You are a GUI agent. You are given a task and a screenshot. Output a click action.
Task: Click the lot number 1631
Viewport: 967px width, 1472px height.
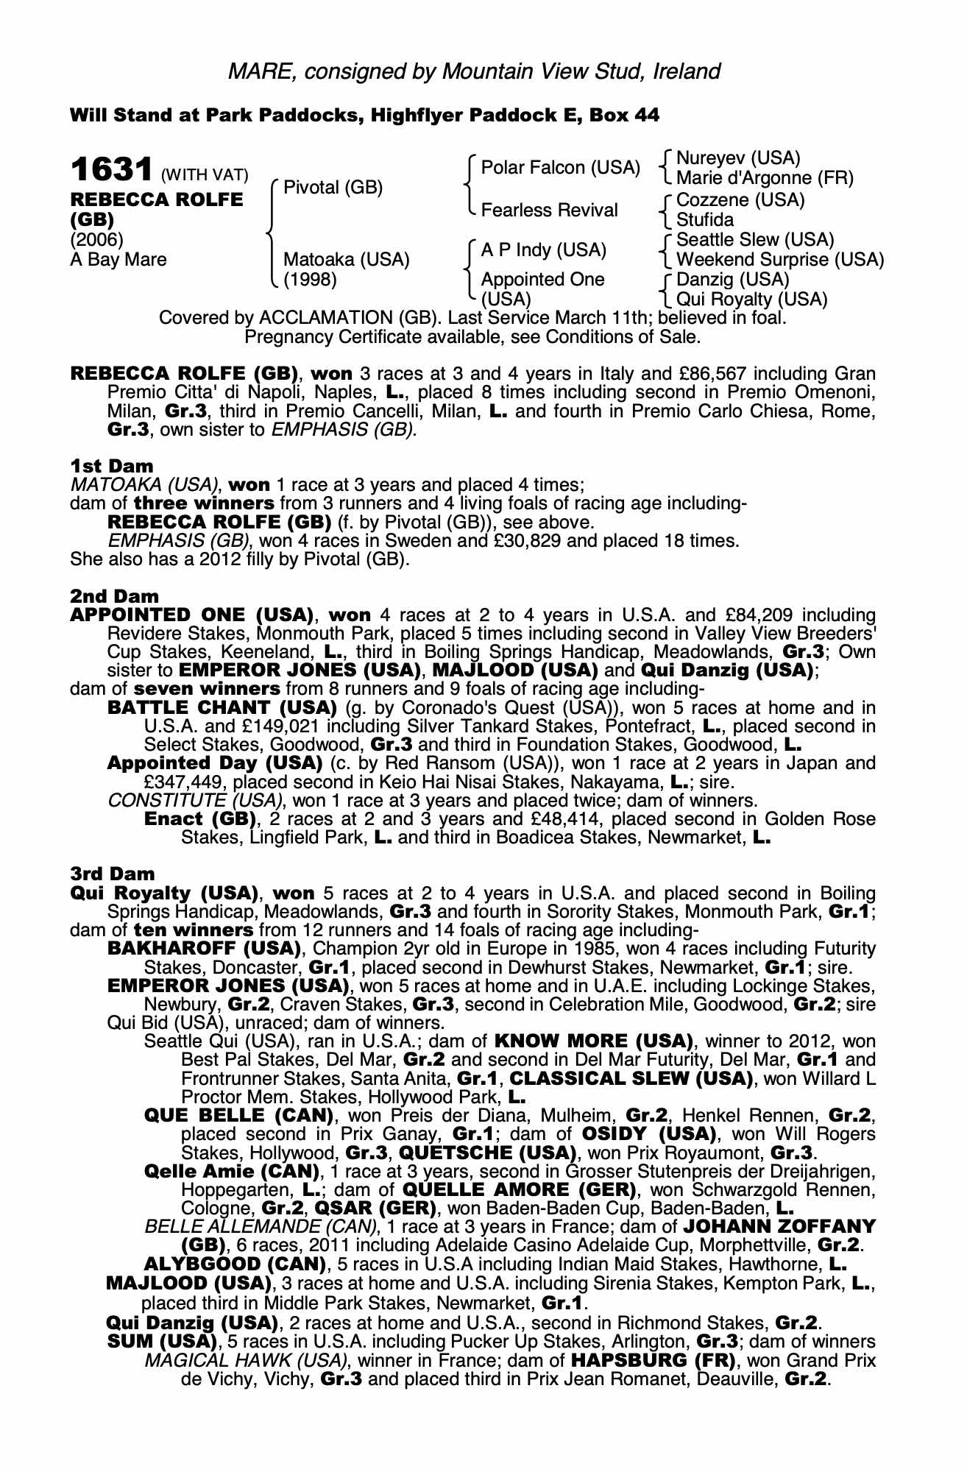tap(113, 171)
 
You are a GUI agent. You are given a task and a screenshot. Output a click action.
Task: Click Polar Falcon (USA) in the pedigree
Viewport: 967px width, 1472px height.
tap(559, 168)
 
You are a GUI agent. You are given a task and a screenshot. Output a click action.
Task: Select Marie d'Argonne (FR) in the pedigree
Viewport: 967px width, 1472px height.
tap(765, 178)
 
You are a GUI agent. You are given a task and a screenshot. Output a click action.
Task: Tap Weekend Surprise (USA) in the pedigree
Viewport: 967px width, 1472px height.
tap(779, 260)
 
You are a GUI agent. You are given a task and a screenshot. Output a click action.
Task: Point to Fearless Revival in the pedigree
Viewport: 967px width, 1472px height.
tap(549, 210)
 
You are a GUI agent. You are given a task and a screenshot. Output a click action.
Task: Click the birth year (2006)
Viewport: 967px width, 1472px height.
tap(96, 240)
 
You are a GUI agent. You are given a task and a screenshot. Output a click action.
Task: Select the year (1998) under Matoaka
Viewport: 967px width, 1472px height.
tap(310, 280)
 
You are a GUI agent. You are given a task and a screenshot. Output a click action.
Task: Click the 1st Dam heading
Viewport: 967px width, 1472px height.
tap(112, 466)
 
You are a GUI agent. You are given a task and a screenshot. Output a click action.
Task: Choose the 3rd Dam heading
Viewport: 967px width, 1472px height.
tap(113, 874)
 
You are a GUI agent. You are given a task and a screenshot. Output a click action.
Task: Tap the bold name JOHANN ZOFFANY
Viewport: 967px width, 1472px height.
tap(779, 1227)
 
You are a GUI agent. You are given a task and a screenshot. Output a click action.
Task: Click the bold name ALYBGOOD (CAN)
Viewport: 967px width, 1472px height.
tap(235, 1264)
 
